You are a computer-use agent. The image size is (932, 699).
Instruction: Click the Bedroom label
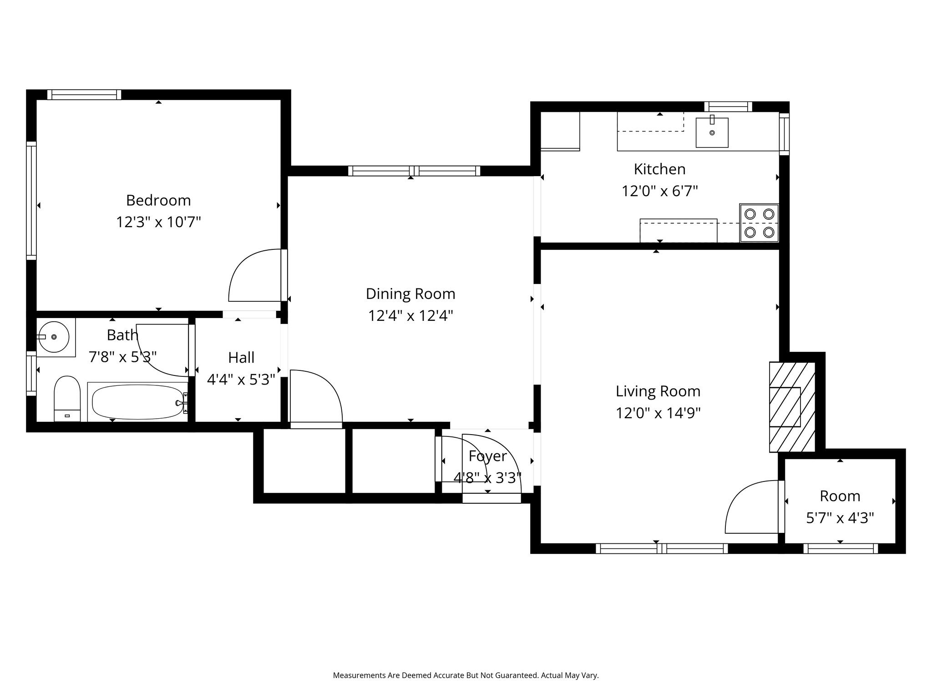click(158, 200)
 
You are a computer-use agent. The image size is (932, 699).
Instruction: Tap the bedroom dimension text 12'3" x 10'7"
click(158, 222)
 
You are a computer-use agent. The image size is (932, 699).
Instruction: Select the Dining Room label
click(410, 294)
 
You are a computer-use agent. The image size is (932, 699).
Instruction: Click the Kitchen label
click(659, 169)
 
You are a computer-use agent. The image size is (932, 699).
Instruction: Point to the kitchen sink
click(712, 133)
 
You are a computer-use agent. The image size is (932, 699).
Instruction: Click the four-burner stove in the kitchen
click(759, 223)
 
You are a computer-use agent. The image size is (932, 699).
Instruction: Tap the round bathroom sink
click(53, 337)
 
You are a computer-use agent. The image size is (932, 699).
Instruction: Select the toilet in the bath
click(67, 399)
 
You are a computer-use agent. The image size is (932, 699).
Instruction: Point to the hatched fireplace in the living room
click(792, 407)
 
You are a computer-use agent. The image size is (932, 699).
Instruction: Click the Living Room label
click(658, 391)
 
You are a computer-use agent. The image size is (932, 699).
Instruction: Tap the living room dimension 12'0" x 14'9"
click(658, 413)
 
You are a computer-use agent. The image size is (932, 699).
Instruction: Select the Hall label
click(241, 358)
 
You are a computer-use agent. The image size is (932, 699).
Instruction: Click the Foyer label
click(487, 456)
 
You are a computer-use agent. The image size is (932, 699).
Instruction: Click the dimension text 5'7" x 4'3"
click(840, 518)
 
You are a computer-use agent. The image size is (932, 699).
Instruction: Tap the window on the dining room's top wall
click(414, 171)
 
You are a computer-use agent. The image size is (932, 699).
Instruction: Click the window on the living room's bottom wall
click(662, 548)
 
